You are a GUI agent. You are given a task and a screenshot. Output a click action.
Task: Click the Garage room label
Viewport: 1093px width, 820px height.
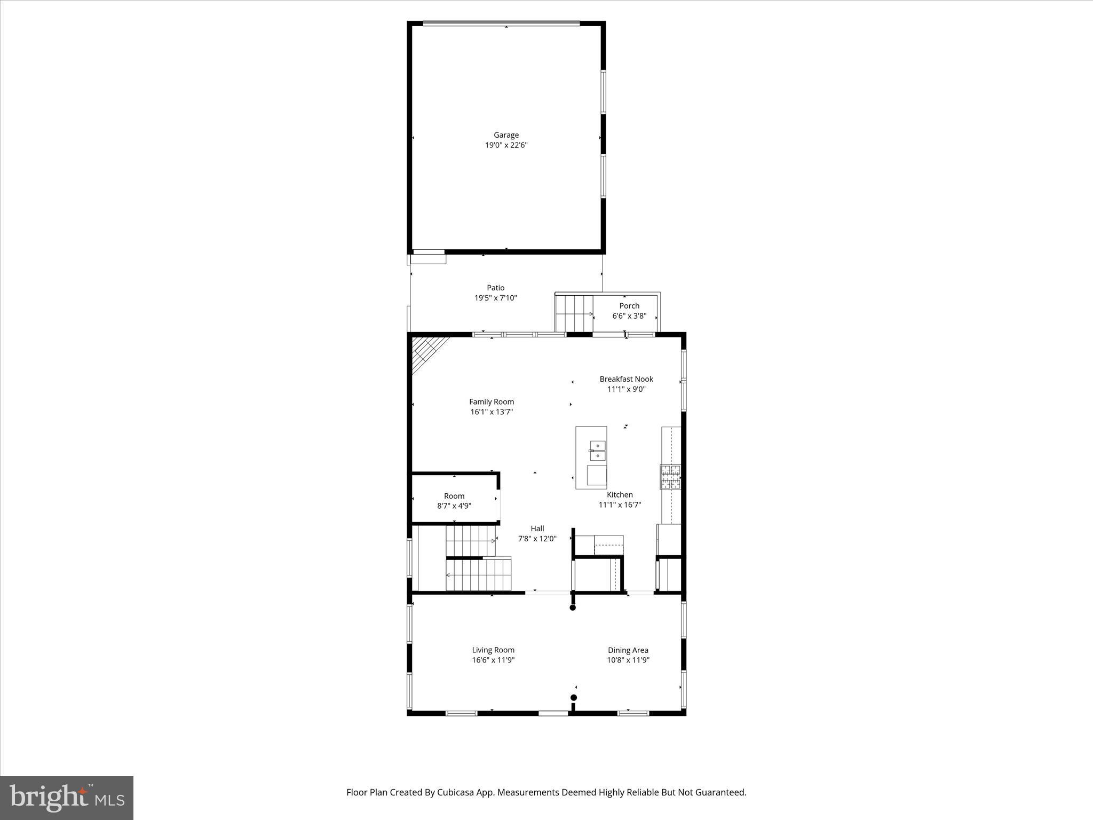(506, 135)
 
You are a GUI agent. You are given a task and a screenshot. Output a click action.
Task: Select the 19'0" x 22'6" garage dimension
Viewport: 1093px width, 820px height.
(506, 145)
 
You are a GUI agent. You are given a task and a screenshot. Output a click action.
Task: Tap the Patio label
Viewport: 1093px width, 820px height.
(495, 288)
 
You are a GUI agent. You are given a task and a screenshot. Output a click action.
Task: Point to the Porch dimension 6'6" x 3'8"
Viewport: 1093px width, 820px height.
(629, 316)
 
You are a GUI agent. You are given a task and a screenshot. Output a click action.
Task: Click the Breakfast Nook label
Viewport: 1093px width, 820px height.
(626, 379)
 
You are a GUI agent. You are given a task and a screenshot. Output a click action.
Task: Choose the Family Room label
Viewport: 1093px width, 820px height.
(492, 402)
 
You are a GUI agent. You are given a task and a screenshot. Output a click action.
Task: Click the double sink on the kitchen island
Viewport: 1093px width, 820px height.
(597, 450)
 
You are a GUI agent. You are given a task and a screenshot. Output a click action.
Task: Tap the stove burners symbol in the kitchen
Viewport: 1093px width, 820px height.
(671, 477)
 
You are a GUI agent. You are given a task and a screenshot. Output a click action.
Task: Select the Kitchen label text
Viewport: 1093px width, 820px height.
(620, 495)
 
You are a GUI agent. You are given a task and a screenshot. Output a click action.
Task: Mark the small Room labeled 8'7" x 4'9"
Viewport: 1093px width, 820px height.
(454, 501)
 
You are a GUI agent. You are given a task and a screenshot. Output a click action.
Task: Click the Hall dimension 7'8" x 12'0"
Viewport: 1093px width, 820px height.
(537, 539)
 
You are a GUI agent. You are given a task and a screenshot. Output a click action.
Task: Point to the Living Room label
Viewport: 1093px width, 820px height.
(493, 650)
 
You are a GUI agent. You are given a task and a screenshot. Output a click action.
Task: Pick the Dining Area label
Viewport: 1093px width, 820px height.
(628, 650)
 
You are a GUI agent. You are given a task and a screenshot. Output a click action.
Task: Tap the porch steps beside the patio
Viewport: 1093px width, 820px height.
(574, 313)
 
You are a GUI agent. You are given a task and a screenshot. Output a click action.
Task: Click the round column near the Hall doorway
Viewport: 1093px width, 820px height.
(573, 608)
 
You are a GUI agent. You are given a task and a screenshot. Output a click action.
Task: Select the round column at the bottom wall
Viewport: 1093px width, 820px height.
(574, 697)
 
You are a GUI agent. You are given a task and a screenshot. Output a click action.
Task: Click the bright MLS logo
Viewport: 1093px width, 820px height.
(67, 798)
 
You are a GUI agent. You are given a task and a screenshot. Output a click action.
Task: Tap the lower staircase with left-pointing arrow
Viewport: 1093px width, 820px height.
(478, 574)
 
